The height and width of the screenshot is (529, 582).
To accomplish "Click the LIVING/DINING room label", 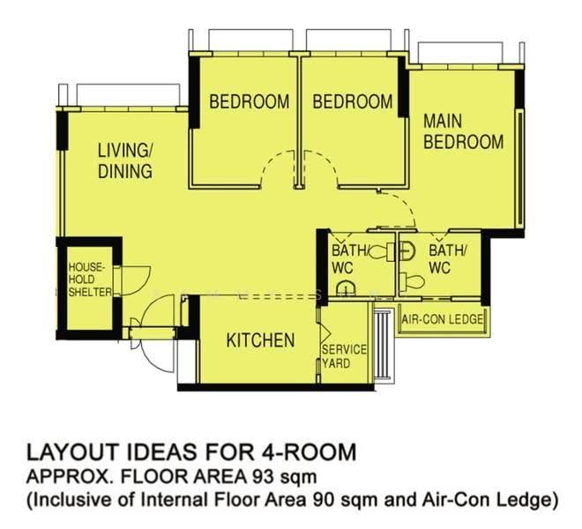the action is pyautogui.click(x=125, y=160).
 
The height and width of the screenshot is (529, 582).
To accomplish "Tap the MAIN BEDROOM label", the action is pyautogui.click(x=464, y=131).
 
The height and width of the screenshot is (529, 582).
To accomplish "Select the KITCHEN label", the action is pyautogui.click(x=260, y=340).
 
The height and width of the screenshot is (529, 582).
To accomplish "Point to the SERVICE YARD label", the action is pyautogui.click(x=344, y=356).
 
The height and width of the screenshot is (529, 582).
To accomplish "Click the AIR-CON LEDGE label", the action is pyautogui.click(x=443, y=319).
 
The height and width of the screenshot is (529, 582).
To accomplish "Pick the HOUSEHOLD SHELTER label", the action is pyautogui.click(x=90, y=279).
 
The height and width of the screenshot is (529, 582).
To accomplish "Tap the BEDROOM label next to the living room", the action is pyautogui.click(x=250, y=101).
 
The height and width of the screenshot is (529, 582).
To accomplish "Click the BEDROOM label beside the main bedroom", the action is pyautogui.click(x=353, y=101).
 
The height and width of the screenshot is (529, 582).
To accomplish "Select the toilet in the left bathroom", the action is pyautogui.click(x=382, y=252).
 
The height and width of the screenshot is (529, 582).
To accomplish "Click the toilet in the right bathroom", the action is pyautogui.click(x=412, y=281).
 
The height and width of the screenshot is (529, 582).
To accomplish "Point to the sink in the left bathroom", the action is pyautogui.click(x=346, y=288).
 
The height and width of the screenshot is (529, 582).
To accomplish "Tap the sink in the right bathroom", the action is pyautogui.click(x=407, y=250).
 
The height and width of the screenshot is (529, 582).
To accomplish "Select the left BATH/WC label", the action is pyautogui.click(x=350, y=258).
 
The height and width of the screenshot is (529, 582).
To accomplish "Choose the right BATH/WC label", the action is pyautogui.click(x=447, y=258).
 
